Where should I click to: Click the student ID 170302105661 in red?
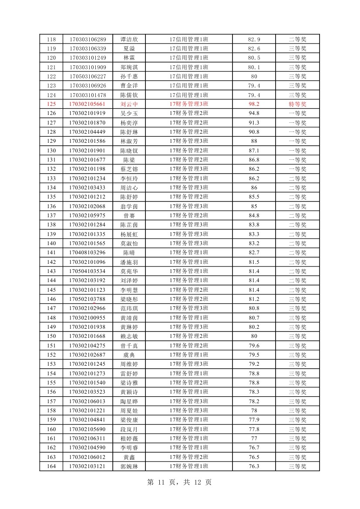point(87,104)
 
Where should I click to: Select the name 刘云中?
point(129,104)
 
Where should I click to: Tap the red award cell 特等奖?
point(298,104)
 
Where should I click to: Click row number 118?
point(51,40)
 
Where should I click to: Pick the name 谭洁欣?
point(129,40)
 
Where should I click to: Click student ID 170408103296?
point(87,253)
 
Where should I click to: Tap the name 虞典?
point(129,354)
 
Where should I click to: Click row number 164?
point(51,466)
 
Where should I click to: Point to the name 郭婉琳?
point(129,466)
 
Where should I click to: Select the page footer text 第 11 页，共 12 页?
point(180,482)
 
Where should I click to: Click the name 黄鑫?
point(129,457)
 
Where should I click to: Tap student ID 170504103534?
point(87,271)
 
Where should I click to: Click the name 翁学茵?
point(129,206)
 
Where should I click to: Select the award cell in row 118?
point(298,40)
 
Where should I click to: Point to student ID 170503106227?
point(87,76)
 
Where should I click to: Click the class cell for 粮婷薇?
point(189,438)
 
